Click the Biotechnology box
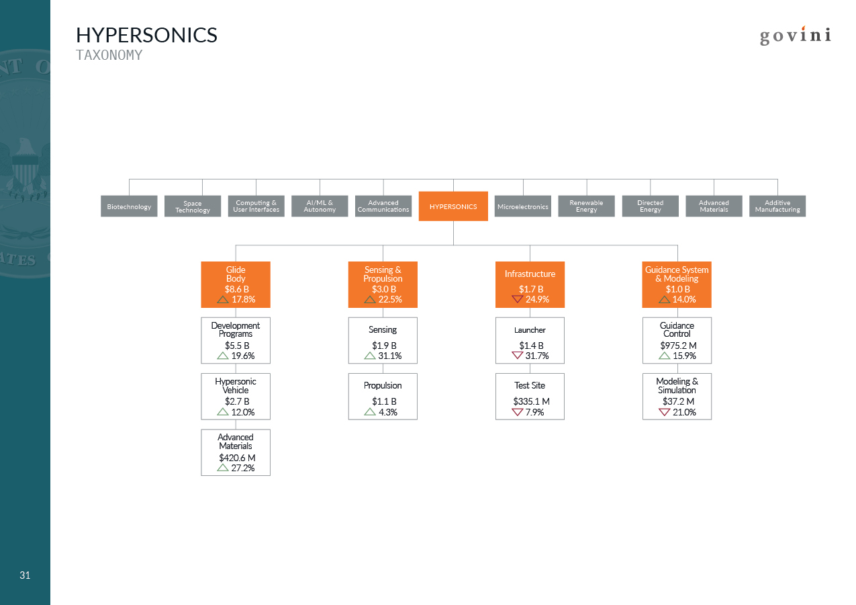[129, 206]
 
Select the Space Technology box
[193, 206]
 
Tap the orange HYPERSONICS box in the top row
[453, 206]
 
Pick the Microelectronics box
[523, 206]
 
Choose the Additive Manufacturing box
[777, 206]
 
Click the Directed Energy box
[651, 206]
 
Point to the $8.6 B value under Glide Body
[236, 289]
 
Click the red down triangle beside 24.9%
[517, 299]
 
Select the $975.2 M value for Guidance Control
[678, 346]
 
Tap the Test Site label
[530, 385]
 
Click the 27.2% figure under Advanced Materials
[243, 468]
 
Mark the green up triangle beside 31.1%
[369, 356]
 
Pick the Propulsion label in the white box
[383, 386]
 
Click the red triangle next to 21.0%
[664, 412]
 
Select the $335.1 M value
[531, 401]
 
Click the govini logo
[795, 36]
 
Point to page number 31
[25, 575]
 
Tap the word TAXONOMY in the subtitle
[109, 55]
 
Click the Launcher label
[530, 330]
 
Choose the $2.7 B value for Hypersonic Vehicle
[237, 401]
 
